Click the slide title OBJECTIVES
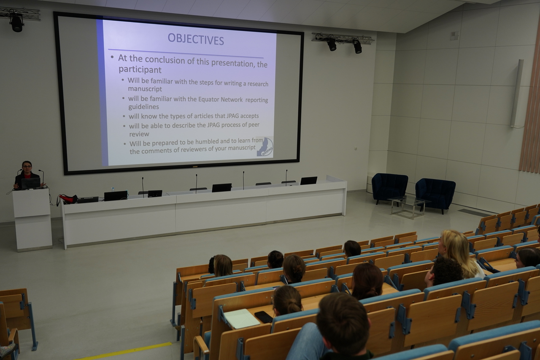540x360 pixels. pyautogui.click(x=196, y=39)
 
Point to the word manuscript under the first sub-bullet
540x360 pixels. pyautogui.click(x=145, y=89)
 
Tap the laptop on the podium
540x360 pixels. pyautogui.click(x=31, y=183)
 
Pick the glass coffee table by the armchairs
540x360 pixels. pyautogui.click(x=408, y=207)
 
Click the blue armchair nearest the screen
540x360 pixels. pyautogui.click(x=389, y=188)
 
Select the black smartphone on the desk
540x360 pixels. pyautogui.click(x=264, y=317)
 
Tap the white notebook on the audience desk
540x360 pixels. pyautogui.click(x=241, y=319)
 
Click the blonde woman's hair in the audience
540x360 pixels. pyautogui.click(x=457, y=252)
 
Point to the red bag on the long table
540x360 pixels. pyautogui.click(x=68, y=199)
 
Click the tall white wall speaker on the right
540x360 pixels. pyautogui.click(x=517, y=93)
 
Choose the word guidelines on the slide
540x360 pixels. pyautogui.click(x=143, y=107)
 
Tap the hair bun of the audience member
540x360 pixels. pyautogui.click(x=294, y=307)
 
